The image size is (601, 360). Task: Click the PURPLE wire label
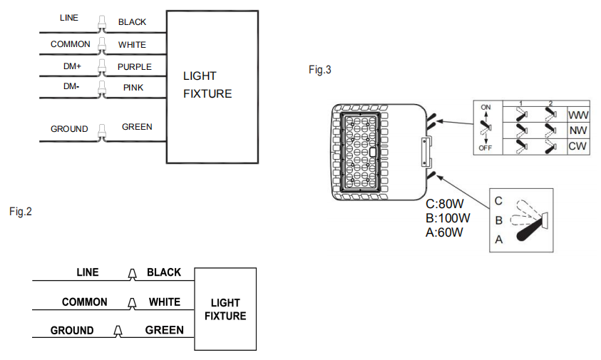135,67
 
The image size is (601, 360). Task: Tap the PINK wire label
133,88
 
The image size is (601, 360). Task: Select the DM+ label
72,66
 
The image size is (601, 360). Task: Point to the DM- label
71,86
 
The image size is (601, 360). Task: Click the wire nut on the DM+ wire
102,67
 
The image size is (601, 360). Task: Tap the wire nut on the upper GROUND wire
102,133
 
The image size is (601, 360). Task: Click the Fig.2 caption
21,212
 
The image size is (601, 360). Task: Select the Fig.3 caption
319,70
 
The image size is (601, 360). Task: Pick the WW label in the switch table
578,115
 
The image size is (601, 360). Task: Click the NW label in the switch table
578,130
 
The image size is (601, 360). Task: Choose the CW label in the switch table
577,146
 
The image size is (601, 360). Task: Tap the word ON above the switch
486,108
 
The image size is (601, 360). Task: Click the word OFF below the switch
486,148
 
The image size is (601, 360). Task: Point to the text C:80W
445,204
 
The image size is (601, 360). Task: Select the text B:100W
448,218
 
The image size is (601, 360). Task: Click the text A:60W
444,232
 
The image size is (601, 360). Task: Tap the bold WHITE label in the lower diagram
165,302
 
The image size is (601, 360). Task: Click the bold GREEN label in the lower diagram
165,330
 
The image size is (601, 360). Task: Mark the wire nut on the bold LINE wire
132,274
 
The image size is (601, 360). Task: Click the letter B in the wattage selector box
498,220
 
